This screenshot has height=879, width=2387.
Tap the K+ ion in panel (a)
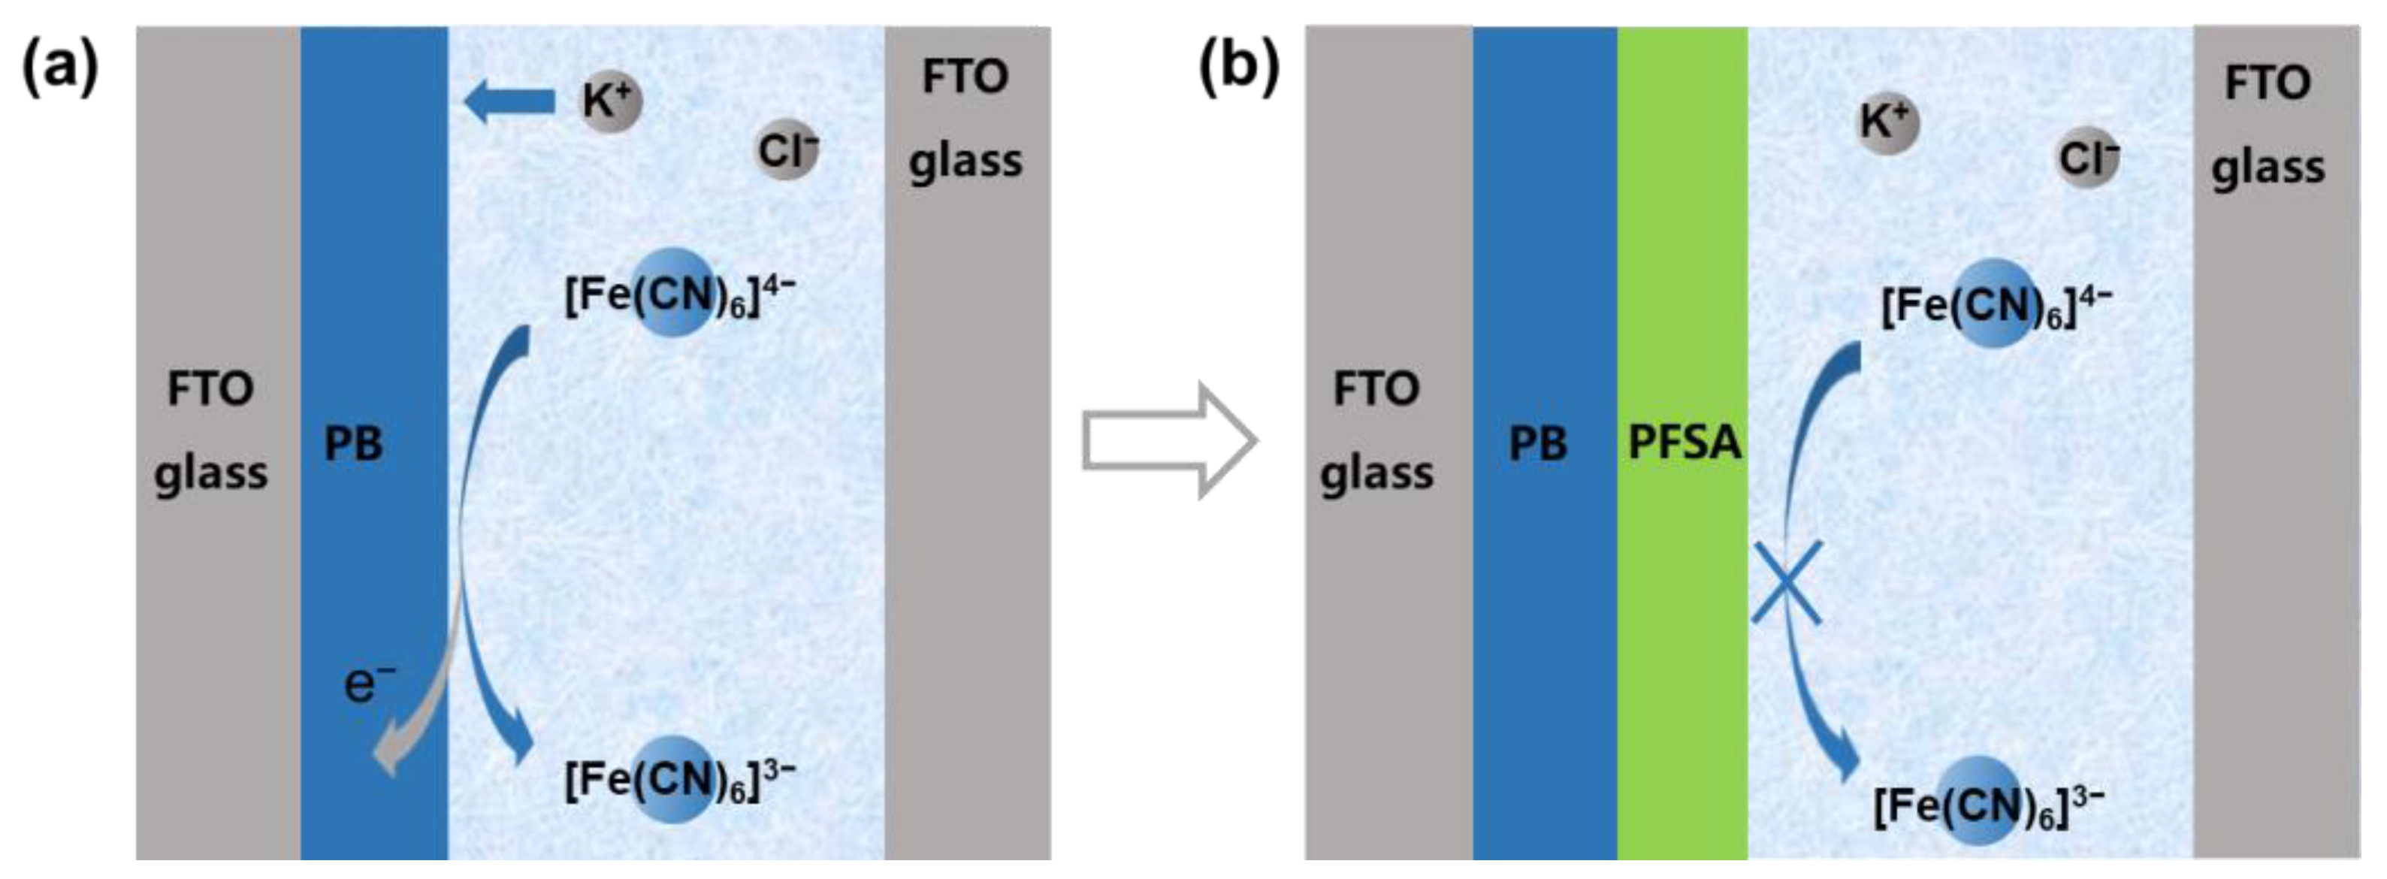[x=610, y=101]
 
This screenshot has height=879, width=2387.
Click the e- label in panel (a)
[x=368, y=684]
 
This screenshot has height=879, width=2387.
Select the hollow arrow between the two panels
[x=1169, y=441]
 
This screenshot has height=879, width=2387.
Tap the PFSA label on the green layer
[x=1684, y=443]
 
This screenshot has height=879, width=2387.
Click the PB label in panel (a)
[x=353, y=444]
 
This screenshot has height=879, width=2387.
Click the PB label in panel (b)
[x=1537, y=444]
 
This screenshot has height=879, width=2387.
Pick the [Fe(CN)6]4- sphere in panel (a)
[x=675, y=291]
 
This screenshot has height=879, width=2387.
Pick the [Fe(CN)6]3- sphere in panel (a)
[x=674, y=779]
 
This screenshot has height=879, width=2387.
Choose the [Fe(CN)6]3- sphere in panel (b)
[x=1978, y=800]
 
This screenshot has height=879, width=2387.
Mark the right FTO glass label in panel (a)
[x=965, y=118]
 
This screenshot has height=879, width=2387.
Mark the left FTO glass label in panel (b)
[x=1376, y=430]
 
